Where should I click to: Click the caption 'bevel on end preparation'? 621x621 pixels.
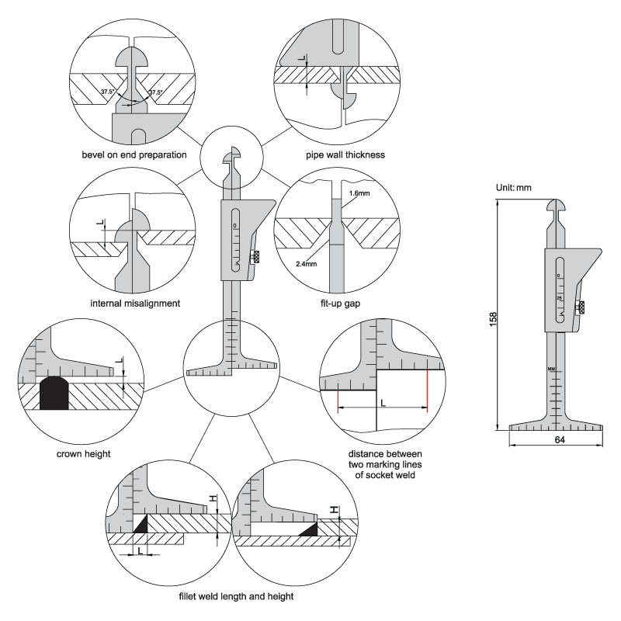134,154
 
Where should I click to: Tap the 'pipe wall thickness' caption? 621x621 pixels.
345,154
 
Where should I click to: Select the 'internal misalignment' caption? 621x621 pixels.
135,304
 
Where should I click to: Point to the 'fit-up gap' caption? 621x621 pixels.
340,304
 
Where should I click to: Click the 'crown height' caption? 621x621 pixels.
84,454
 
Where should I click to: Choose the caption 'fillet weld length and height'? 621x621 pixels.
236,596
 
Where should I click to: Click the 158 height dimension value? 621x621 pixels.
493,319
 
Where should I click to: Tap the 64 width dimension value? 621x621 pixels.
560,439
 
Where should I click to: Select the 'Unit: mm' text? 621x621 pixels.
514,188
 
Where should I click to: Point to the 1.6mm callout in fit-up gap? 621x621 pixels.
359,193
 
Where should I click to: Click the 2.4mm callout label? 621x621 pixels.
306,264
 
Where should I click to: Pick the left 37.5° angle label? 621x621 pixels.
108,92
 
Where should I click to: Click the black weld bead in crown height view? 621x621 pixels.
54,393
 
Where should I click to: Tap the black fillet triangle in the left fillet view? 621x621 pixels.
142,525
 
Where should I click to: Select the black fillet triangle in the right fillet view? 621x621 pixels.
310,529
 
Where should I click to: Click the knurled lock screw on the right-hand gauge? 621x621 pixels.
581,307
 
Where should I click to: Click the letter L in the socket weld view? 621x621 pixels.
383,403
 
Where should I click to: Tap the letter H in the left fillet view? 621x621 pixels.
213,498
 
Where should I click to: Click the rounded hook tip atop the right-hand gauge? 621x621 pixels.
557,206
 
